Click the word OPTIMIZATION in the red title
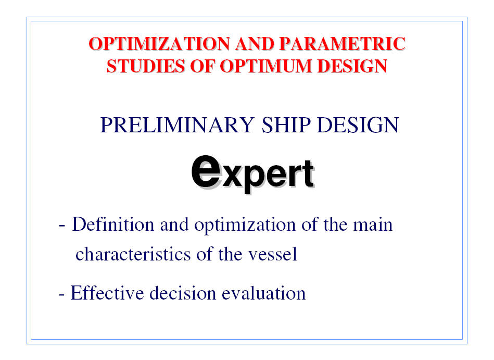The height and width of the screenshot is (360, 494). click(159, 44)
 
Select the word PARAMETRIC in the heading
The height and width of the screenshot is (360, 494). click(342, 44)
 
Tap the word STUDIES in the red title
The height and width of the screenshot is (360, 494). click(146, 66)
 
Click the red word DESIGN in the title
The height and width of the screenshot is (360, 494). click(352, 66)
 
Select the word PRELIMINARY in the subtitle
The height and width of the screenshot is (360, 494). click(177, 125)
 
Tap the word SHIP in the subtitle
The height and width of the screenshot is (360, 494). click(286, 125)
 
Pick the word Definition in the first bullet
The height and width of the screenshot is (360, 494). click(113, 225)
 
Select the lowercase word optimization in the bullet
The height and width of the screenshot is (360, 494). click(245, 225)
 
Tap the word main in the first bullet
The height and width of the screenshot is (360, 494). click(373, 225)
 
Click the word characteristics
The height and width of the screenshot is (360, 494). click(133, 254)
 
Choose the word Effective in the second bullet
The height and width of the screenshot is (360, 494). click(107, 293)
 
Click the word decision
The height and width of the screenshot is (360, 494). click(182, 293)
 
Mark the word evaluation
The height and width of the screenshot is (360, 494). click(264, 293)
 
